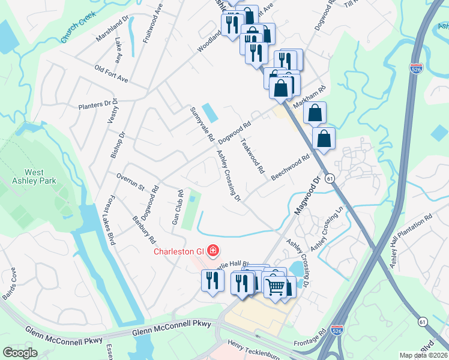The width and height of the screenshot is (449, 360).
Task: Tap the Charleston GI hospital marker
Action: pyautogui.click(x=212, y=250)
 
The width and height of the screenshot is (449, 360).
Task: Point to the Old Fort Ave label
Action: pyautogui.click(x=112, y=74)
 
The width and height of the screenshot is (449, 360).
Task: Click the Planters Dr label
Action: pyautogui.click(x=98, y=104)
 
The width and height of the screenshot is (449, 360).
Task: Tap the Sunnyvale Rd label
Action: pyautogui.click(x=202, y=124)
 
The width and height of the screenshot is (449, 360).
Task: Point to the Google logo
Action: pyautogui.click(x=20, y=353)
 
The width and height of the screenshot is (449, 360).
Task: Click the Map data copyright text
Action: pyautogui.click(x=423, y=355)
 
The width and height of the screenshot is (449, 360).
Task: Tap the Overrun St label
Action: pyautogui.click(x=130, y=183)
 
